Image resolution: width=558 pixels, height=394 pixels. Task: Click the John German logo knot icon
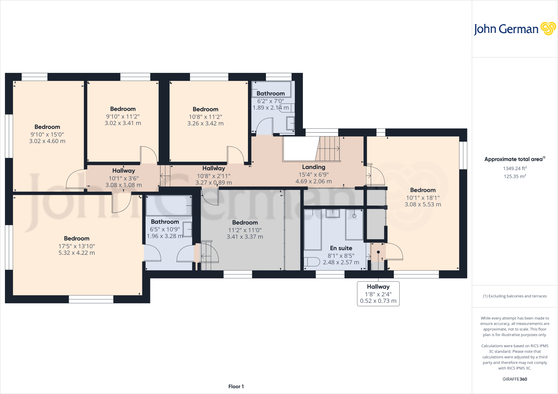point(548,29)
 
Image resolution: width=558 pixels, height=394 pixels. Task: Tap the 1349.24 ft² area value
point(515,168)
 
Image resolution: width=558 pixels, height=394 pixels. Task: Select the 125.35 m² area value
point(515,176)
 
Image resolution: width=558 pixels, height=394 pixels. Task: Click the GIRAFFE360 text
point(515,379)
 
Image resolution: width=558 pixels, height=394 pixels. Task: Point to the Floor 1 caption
point(236,386)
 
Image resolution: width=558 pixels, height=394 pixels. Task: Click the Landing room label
point(314,167)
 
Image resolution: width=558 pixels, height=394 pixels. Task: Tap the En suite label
point(341,248)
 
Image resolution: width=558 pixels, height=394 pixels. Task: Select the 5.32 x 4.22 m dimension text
point(77,253)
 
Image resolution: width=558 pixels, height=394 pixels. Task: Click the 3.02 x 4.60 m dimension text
point(47,141)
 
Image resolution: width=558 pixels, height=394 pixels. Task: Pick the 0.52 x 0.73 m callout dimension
point(378,301)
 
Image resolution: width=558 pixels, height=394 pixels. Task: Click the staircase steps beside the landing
point(328,149)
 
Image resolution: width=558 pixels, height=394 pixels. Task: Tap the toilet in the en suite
point(312,262)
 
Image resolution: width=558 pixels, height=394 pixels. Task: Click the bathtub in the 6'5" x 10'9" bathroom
point(169,206)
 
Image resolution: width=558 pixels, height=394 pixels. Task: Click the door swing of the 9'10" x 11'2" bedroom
point(149,155)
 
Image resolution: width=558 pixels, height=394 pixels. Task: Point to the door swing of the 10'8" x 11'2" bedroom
point(236,155)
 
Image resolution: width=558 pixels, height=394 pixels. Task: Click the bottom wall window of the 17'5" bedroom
point(91,299)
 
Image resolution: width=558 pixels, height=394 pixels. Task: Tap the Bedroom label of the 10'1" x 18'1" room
point(423,190)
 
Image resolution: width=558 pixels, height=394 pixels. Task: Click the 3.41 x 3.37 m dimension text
point(245,237)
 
